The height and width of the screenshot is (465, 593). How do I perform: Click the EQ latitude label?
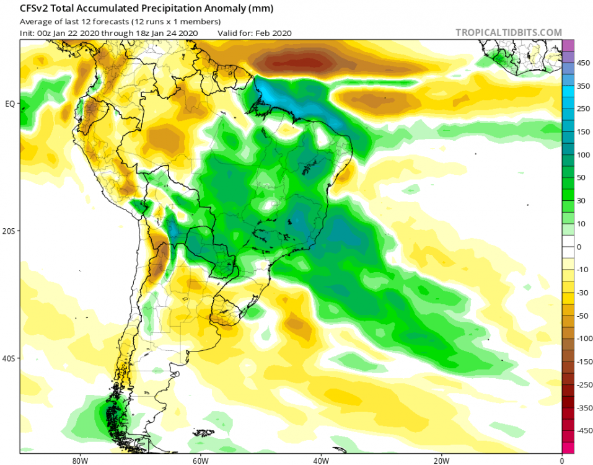point(10,104)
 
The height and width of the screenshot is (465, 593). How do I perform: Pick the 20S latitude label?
point(10,231)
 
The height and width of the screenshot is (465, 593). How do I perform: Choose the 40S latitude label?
point(10,358)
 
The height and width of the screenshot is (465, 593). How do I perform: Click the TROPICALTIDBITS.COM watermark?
point(508,32)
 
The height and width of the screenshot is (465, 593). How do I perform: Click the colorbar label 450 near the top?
point(584,63)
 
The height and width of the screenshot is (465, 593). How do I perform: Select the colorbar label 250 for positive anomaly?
point(584,109)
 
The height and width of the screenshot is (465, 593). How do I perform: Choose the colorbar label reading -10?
point(583,270)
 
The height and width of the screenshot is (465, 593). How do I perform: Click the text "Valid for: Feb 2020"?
point(255,33)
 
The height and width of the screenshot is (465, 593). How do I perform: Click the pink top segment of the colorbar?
point(568,45)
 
